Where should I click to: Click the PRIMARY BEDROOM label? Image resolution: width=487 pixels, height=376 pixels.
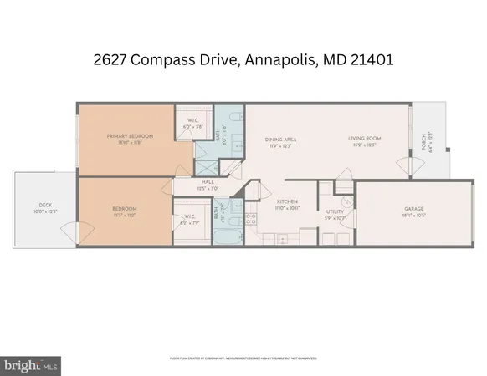(126, 135)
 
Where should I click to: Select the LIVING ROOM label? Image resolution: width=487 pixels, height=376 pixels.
(365, 139)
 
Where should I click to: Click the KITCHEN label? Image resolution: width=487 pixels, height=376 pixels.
(288, 201)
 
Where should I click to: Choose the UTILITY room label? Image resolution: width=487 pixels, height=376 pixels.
(336, 213)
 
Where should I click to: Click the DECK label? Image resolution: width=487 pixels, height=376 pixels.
(45, 205)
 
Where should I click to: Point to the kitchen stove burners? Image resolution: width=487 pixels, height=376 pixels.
(250, 219)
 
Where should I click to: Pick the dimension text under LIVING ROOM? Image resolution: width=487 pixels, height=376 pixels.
(365, 145)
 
